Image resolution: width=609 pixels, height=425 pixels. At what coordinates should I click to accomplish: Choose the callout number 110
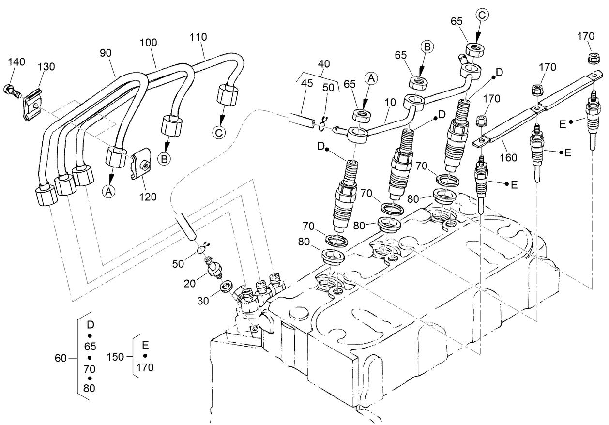pyautogui.click(x=198, y=37)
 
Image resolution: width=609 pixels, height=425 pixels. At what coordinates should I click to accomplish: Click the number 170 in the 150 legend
pyautogui.click(x=145, y=367)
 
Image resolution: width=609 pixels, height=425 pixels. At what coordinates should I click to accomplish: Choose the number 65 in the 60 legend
pyautogui.click(x=90, y=347)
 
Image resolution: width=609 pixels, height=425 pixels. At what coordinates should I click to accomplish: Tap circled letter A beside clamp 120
pyautogui.click(x=109, y=192)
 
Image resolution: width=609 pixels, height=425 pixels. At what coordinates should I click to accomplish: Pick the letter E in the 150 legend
pyautogui.click(x=145, y=345)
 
